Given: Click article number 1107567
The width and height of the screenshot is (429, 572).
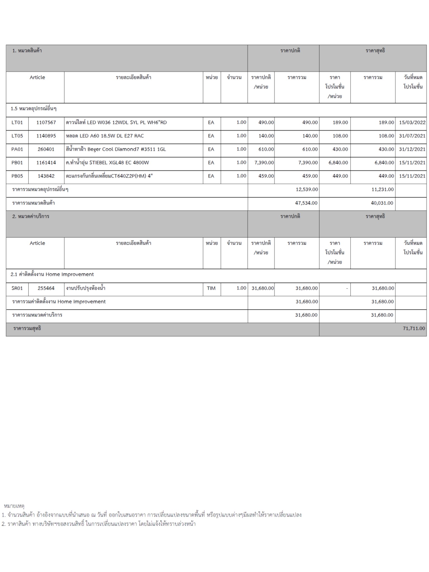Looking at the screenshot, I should tap(46, 122).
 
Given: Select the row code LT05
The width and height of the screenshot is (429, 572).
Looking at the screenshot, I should tap(17, 136).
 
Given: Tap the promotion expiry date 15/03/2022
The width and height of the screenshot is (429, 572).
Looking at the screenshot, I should tap(412, 122).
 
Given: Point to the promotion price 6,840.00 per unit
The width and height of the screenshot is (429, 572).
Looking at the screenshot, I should tap(338, 163).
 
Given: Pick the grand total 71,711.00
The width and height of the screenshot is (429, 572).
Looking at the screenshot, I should tap(414, 328).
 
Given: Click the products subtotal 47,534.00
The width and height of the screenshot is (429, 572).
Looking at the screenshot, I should tap(306, 203).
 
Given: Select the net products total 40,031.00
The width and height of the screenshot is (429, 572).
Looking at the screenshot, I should tap(382, 203).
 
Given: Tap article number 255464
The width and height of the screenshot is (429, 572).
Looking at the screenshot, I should tap(46, 288).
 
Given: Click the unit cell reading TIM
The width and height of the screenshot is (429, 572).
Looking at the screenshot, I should tap(211, 288).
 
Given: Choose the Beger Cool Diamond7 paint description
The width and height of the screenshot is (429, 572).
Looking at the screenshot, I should tap(116, 149).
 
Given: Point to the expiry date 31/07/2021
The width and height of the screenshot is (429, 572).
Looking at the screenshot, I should tap(412, 136).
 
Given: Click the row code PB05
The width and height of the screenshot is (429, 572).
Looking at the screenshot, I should tap(17, 176).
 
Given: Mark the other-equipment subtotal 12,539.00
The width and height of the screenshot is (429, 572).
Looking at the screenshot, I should tap(307, 189).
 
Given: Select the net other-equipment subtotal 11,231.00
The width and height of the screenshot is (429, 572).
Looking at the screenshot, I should tap(382, 189).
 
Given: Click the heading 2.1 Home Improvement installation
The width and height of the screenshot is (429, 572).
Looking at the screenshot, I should tap(52, 274).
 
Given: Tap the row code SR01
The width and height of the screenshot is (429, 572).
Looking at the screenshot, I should tap(17, 288).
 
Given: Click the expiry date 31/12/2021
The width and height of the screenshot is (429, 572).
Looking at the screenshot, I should tap(412, 149).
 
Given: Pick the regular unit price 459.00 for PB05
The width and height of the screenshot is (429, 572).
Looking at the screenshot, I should tap(266, 176).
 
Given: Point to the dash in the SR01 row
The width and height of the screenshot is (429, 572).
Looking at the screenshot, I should tap(347, 288).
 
